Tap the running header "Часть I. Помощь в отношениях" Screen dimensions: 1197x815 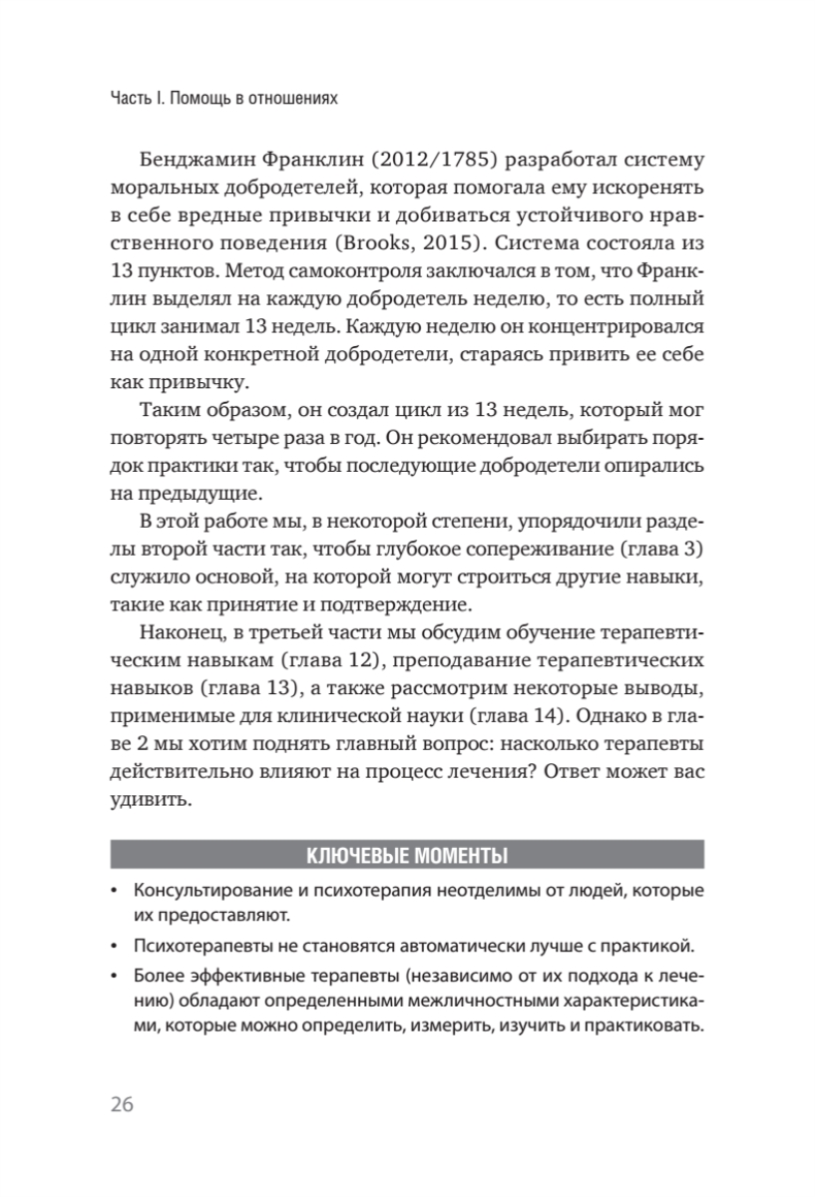tap(222, 98)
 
